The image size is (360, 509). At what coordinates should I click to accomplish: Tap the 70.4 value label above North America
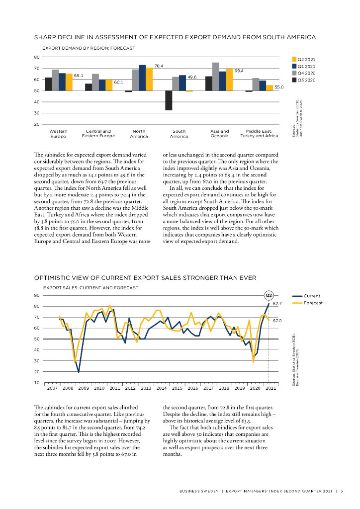click(x=159, y=66)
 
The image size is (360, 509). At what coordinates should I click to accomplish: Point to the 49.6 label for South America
click(x=192, y=77)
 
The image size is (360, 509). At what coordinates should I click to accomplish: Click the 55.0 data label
click(x=279, y=87)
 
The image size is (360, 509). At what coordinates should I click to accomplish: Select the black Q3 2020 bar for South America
click(x=169, y=100)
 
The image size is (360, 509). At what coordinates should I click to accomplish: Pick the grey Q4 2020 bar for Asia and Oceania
click(x=215, y=77)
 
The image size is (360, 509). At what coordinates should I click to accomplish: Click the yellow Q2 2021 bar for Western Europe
click(x=69, y=82)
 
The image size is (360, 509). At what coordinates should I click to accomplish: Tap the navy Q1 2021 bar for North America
click(x=142, y=78)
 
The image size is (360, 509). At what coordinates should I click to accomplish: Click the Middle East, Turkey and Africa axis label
click(x=259, y=133)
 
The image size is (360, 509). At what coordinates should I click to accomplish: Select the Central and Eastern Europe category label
click(x=98, y=133)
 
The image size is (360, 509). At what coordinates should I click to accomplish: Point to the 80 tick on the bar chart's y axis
click(x=36, y=57)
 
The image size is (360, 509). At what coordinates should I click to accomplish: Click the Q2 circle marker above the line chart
click(x=269, y=295)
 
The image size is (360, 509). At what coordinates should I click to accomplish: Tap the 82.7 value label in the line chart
click(x=277, y=303)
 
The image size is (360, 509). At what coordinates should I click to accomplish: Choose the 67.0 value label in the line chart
click(x=277, y=321)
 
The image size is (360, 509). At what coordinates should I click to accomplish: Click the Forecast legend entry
click(x=313, y=303)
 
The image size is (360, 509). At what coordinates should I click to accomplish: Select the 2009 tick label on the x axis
click(x=84, y=388)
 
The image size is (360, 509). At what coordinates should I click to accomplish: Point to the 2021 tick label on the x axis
click(x=271, y=388)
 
